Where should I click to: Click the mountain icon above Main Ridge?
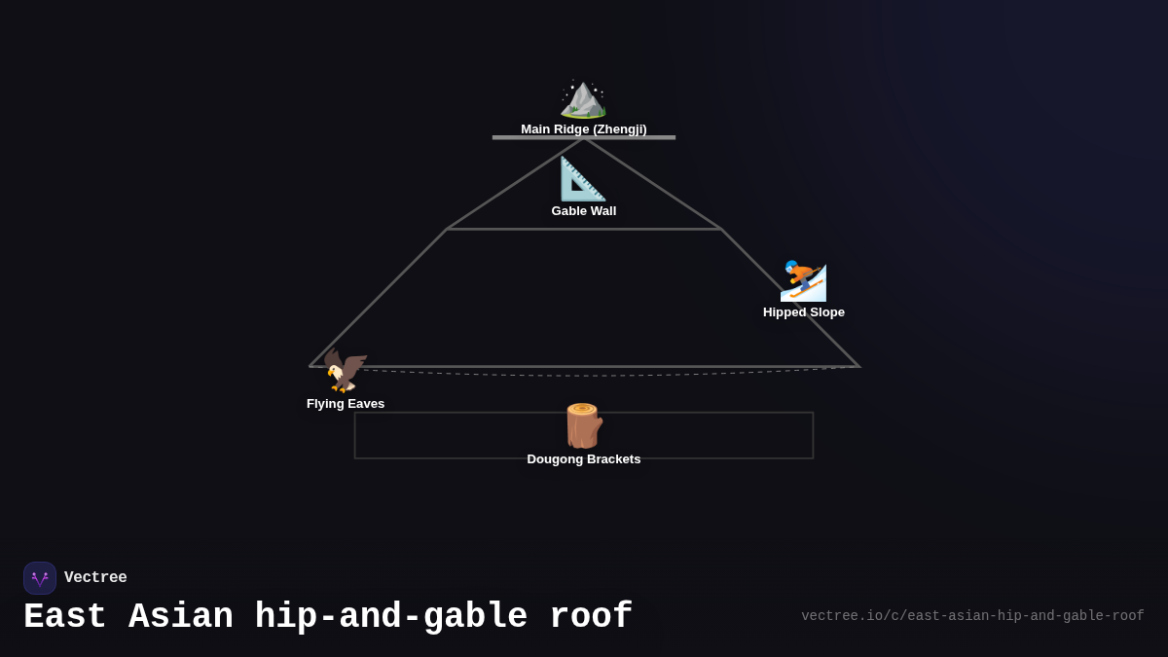583,99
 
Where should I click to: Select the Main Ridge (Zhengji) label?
583,129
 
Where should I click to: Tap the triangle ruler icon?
583,179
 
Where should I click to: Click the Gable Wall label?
583,211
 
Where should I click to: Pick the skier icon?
803,281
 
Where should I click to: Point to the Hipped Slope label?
803,312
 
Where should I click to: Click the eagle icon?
346,371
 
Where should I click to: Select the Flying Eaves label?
346,404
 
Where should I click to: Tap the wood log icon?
583,425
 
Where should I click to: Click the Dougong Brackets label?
583,459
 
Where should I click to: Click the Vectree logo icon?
40,578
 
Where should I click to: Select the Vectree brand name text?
95,578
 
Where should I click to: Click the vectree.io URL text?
972,616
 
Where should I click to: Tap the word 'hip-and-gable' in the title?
391,617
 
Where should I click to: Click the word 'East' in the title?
65,617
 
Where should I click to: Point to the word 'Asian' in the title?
181,617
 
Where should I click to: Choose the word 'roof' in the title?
591,617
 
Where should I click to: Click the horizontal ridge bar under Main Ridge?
583,138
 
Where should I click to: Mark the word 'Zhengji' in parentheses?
619,129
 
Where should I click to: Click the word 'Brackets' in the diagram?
612,459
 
